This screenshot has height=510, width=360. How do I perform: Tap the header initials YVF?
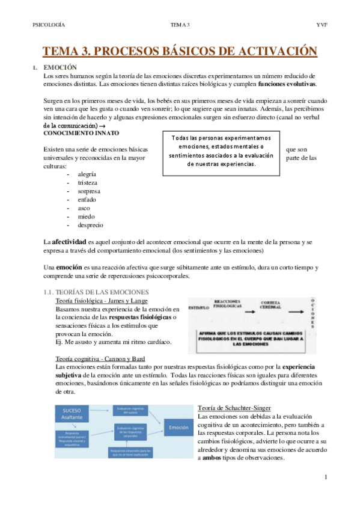[321, 25]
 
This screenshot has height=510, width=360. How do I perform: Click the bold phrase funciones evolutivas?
[286, 84]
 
